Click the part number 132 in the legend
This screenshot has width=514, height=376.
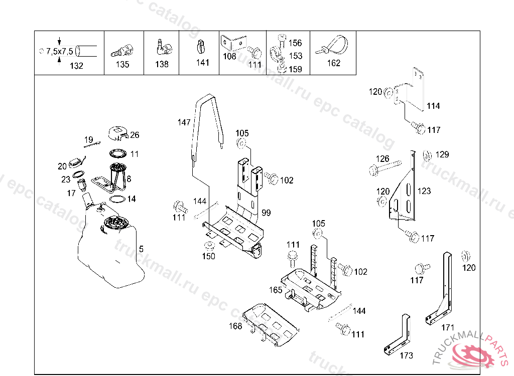point(76,66)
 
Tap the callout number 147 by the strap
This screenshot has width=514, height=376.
point(184,122)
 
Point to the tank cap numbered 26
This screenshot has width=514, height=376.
point(118,133)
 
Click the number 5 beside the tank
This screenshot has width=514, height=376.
point(141,249)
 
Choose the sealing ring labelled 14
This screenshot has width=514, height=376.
point(116,199)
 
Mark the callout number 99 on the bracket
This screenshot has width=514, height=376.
point(266,213)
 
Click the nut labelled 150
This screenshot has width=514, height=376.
point(208,246)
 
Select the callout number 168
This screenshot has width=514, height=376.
point(235,326)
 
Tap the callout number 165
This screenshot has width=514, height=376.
point(276,290)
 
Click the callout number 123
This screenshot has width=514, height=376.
point(424,191)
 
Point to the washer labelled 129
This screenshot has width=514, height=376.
point(427,155)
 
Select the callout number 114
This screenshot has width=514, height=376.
point(433,106)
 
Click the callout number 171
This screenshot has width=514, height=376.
point(448,327)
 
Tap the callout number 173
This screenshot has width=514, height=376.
point(407,355)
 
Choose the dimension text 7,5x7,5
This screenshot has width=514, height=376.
point(60,51)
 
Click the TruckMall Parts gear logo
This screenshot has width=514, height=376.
point(472,354)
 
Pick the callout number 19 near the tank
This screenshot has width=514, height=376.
point(88,140)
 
